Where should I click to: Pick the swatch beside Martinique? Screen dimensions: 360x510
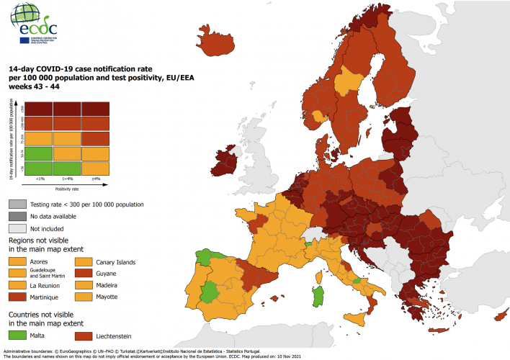coord(18,297)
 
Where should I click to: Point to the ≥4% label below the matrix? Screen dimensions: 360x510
coord(96,178)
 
